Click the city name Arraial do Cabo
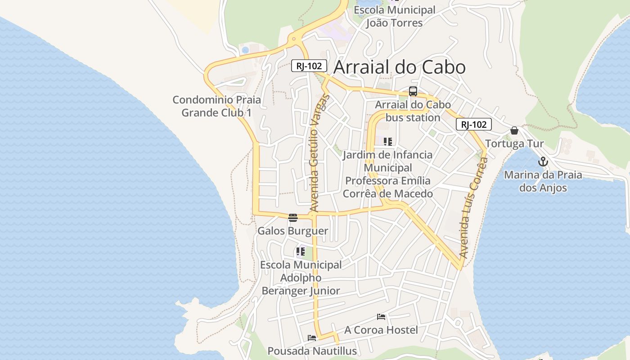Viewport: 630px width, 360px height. (400, 67)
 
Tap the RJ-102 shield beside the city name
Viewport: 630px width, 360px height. (309, 66)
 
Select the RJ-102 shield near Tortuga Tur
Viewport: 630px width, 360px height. (473, 125)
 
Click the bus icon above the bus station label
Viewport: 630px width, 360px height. (413, 91)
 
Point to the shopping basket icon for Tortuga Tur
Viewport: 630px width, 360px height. (514, 131)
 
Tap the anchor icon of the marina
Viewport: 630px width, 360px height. (543, 162)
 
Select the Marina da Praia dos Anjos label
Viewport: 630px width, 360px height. (543, 181)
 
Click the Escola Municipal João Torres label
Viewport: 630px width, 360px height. (394, 16)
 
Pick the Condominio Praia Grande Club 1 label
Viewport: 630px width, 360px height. (216, 106)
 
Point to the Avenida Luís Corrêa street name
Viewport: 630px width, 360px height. (474, 207)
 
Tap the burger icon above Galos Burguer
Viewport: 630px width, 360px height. (293, 218)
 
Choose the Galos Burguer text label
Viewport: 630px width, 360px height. (292, 231)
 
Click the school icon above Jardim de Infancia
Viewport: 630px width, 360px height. (388, 142)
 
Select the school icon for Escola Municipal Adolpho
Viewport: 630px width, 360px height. (301, 252)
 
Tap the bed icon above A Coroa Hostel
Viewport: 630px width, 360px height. (381, 317)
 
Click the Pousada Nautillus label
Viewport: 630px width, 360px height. (312, 351)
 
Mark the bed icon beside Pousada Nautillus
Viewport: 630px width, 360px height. (312, 338)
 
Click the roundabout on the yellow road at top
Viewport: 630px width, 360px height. (294, 39)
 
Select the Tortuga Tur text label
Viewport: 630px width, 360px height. (514, 144)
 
